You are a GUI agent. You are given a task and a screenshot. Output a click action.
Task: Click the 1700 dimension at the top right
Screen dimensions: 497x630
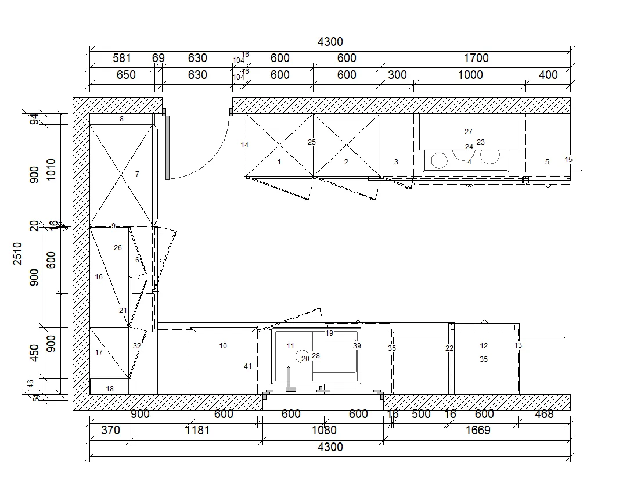point(476,58)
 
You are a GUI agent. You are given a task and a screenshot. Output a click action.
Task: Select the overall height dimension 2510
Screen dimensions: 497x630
point(18,253)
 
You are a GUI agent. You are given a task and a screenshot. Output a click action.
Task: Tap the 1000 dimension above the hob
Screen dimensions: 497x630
point(470,75)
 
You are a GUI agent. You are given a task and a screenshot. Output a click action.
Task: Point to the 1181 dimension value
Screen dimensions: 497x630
point(197,430)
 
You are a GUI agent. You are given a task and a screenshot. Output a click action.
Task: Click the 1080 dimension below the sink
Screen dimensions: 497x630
point(324,430)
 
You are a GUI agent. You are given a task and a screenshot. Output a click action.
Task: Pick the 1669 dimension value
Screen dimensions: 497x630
point(478,430)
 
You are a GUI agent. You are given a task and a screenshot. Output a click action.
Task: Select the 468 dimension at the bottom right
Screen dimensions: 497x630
point(544,414)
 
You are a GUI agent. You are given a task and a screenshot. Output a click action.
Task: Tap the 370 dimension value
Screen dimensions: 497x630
point(110,430)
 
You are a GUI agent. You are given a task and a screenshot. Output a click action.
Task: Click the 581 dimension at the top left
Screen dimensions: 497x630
point(122,58)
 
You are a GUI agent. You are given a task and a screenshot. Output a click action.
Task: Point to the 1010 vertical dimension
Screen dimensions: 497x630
point(51,170)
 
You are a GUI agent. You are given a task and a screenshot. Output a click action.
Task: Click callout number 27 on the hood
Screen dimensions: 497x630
point(469,132)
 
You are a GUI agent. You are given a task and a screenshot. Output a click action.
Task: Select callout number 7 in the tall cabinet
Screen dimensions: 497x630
point(137,174)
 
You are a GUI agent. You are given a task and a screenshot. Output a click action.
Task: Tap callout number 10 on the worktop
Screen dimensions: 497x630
point(223,346)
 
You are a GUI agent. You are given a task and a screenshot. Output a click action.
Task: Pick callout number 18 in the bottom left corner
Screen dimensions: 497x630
point(110,389)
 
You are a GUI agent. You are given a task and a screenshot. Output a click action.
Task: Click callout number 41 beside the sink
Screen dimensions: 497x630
point(248,366)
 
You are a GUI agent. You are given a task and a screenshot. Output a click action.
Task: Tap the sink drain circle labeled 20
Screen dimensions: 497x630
point(302,356)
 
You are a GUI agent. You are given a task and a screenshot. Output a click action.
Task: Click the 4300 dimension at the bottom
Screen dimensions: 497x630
point(330,447)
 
